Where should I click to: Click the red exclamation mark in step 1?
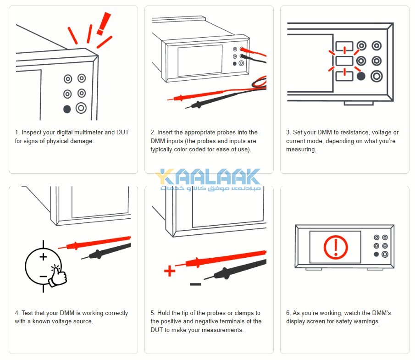click(x=105, y=24)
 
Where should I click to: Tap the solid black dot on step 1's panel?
click(x=67, y=109)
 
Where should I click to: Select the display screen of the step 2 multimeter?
click(x=199, y=61)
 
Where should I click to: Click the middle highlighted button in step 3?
click(x=344, y=61)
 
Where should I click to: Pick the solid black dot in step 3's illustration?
click(x=361, y=76)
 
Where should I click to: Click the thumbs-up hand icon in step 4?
click(x=57, y=275)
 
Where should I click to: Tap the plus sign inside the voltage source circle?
click(x=44, y=257)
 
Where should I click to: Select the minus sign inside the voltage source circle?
click(x=43, y=277)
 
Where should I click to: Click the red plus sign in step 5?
click(x=170, y=271)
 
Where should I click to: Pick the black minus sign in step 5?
click(x=195, y=284)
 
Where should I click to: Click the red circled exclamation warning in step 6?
click(x=336, y=247)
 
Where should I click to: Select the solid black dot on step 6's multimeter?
click(x=376, y=254)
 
